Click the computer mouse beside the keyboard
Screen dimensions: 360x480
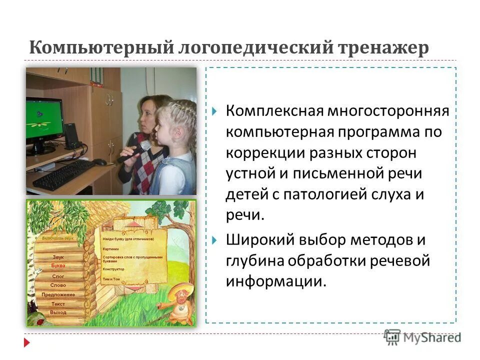(100, 162)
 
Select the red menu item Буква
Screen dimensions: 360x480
(58, 266)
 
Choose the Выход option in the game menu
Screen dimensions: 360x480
(58, 312)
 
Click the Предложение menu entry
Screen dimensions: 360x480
(58, 294)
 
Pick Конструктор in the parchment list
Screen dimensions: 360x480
(114, 269)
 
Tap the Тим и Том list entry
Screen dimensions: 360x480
(111, 278)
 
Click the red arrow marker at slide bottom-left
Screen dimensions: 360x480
(27, 343)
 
